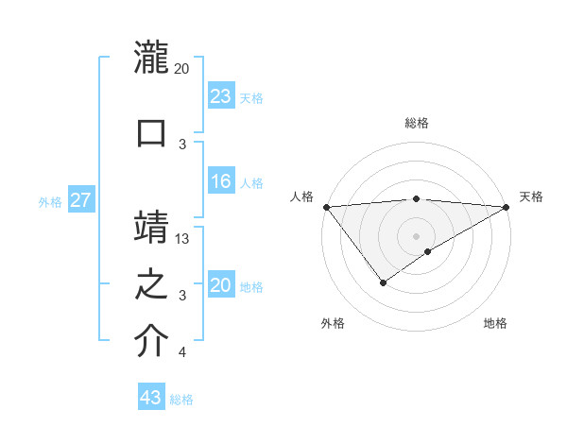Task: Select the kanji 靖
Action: [x=151, y=227]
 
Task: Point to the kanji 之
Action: [x=151, y=283]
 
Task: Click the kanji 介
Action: [x=151, y=340]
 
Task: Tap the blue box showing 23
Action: [x=221, y=96]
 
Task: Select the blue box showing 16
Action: [x=221, y=181]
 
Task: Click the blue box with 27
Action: [x=81, y=200]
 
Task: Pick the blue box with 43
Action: [x=151, y=398]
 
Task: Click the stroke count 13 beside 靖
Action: [x=182, y=239]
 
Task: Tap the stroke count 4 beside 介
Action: [x=182, y=353]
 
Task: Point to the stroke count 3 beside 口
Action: [x=182, y=145]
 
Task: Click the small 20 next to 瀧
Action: [x=182, y=69]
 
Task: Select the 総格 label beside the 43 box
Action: [x=182, y=400]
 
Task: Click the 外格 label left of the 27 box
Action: [x=50, y=201]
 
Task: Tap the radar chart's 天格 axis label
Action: [x=531, y=196]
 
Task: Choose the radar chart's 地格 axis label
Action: [x=495, y=323]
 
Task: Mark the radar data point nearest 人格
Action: [x=326, y=207]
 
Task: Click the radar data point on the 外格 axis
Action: [x=383, y=282]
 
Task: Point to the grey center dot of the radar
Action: [x=416, y=236]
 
